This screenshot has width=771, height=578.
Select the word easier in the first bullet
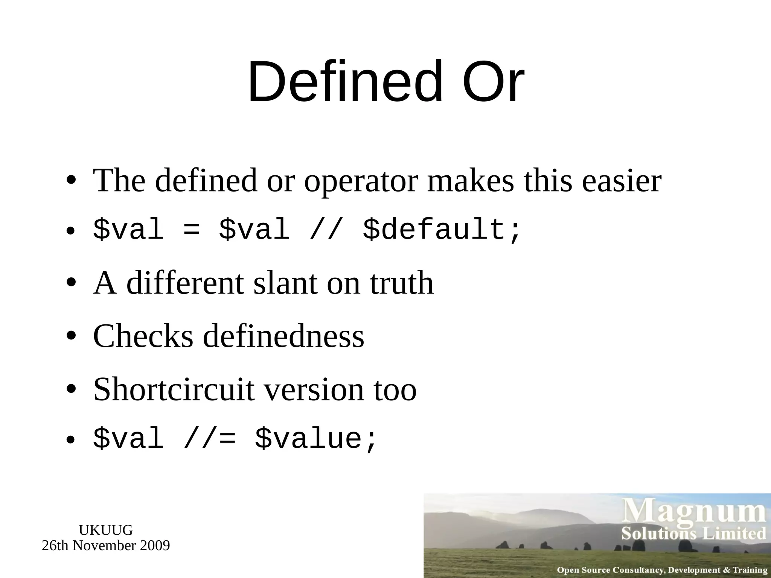tap(622, 181)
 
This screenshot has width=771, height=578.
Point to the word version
tap(314, 390)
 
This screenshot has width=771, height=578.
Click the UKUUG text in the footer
tap(106, 530)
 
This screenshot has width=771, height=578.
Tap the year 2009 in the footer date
tap(155, 545)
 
